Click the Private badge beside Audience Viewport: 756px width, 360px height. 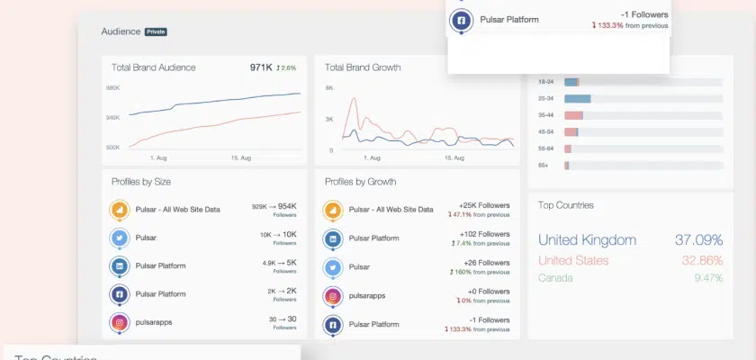(x=156, y=31)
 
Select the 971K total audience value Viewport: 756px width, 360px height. (x=261, y=67)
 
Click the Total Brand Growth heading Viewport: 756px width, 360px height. (x=363, y=67)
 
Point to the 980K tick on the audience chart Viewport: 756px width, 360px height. (x=112, y=88)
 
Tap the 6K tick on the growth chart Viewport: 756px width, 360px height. (x=329, y=88)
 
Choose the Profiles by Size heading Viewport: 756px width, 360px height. (x=141, y=182)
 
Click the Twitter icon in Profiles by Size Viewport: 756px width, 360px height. (x=119, y=238)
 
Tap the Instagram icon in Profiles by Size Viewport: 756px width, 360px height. (x=119, y=322)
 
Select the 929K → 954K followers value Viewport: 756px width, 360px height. (x=274, y=207)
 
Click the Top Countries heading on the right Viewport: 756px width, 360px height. (x=565, y=205)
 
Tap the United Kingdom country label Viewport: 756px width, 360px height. (x=587, y=240)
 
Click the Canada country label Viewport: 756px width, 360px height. (x=555, y=278)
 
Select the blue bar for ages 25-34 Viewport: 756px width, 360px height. (x=577, y=98)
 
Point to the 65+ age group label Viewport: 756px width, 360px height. (x=544, y=166)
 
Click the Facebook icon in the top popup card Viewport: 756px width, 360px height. (x=462, y=20)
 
